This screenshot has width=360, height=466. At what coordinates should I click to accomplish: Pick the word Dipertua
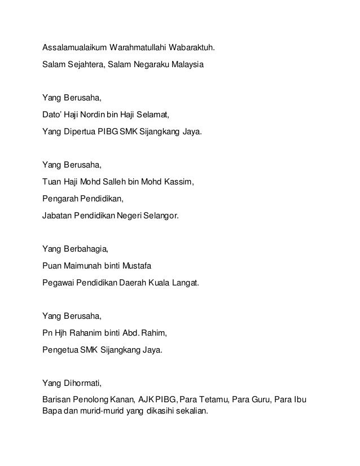80,133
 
